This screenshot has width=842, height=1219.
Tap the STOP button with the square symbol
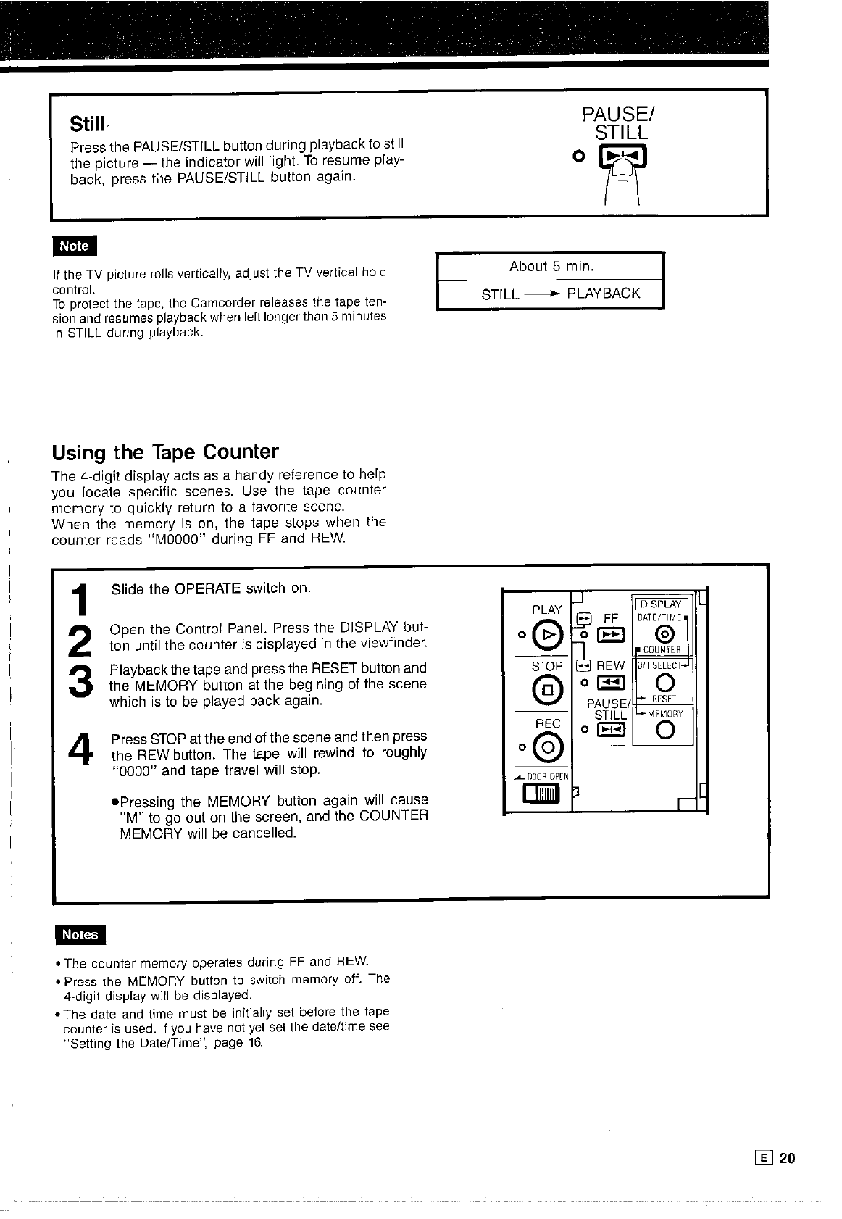549,689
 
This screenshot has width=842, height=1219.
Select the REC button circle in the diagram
549,744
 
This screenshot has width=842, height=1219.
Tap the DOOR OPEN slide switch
545,797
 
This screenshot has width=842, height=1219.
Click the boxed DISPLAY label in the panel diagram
662,604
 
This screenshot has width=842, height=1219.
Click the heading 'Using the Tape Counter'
165,452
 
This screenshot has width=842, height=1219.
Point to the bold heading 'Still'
87,124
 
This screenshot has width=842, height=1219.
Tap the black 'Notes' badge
80,935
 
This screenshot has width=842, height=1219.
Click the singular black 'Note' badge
74,246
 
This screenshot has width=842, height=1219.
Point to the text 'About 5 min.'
551,267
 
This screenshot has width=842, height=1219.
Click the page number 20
788,1158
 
